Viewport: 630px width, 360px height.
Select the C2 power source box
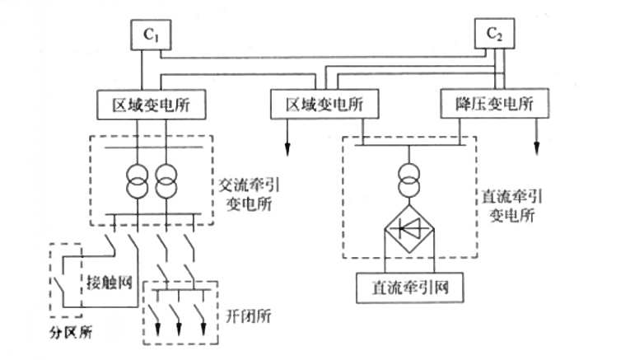[x=494, y=34]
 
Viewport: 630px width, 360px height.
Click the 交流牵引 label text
[x=250, y=185]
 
